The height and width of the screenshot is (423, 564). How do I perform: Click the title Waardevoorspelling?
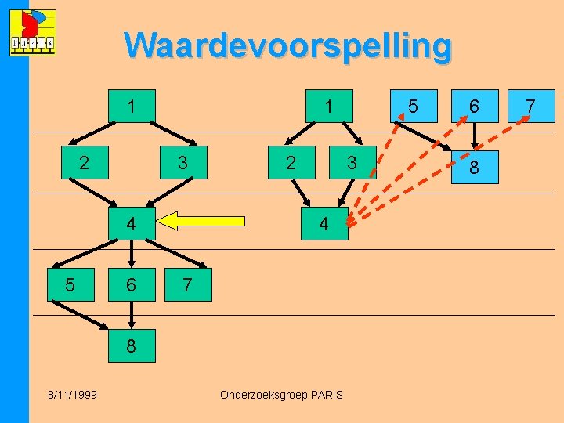[287, 45]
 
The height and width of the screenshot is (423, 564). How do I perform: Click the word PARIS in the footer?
[325, 395]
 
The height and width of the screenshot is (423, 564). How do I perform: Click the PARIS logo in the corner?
[32, 34]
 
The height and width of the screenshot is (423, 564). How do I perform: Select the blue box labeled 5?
[413, 105]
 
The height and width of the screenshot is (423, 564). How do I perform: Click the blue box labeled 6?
[473, 105]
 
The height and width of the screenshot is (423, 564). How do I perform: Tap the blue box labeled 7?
[530, 105]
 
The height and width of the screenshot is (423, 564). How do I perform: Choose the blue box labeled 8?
[473, 167]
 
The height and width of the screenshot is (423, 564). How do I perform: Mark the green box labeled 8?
[131, 345]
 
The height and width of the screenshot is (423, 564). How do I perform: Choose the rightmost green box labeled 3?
[352, 163]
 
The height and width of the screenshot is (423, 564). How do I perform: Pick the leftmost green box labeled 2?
[84, 163]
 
